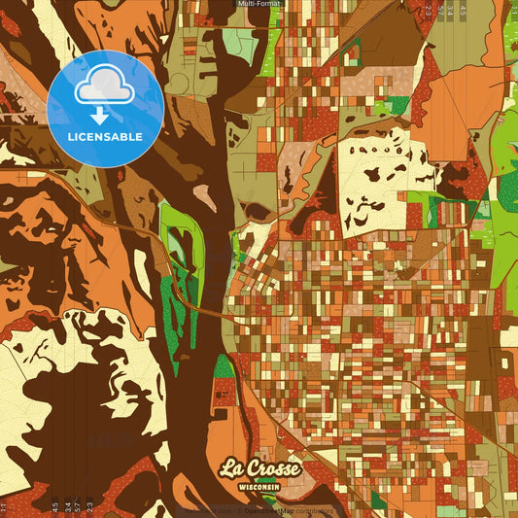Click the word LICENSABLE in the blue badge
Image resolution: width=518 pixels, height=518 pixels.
(x=105, y=135)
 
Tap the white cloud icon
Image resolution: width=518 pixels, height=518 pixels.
(x=105, y=89)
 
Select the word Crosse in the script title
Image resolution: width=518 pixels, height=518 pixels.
(x=274, y=467)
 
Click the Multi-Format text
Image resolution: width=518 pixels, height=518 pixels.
(x=259, y=4)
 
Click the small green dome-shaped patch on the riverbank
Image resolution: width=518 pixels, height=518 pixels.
(x=224, y=366)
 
